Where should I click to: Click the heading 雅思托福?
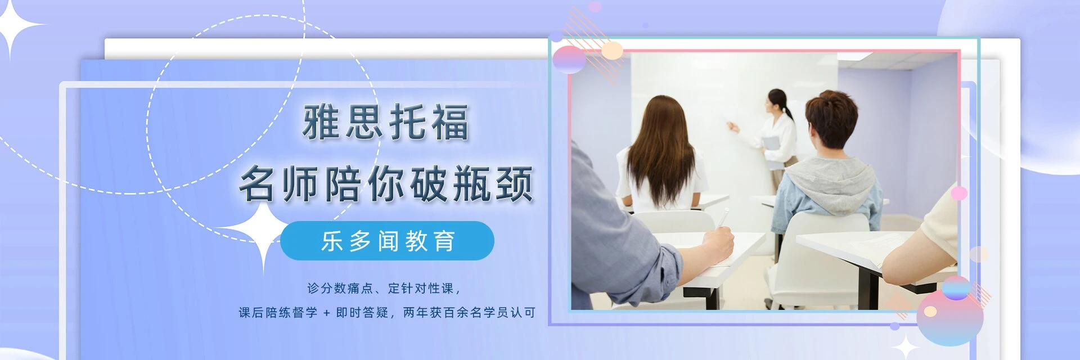pos(386,122)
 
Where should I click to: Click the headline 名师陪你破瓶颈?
pos(386,183)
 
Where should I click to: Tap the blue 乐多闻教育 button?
pos(387,241)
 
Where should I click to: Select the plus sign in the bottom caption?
pos(326,313)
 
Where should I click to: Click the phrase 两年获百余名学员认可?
pos(469,313)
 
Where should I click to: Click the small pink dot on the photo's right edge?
pos(958,193)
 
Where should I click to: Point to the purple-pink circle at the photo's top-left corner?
pos(569,60)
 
